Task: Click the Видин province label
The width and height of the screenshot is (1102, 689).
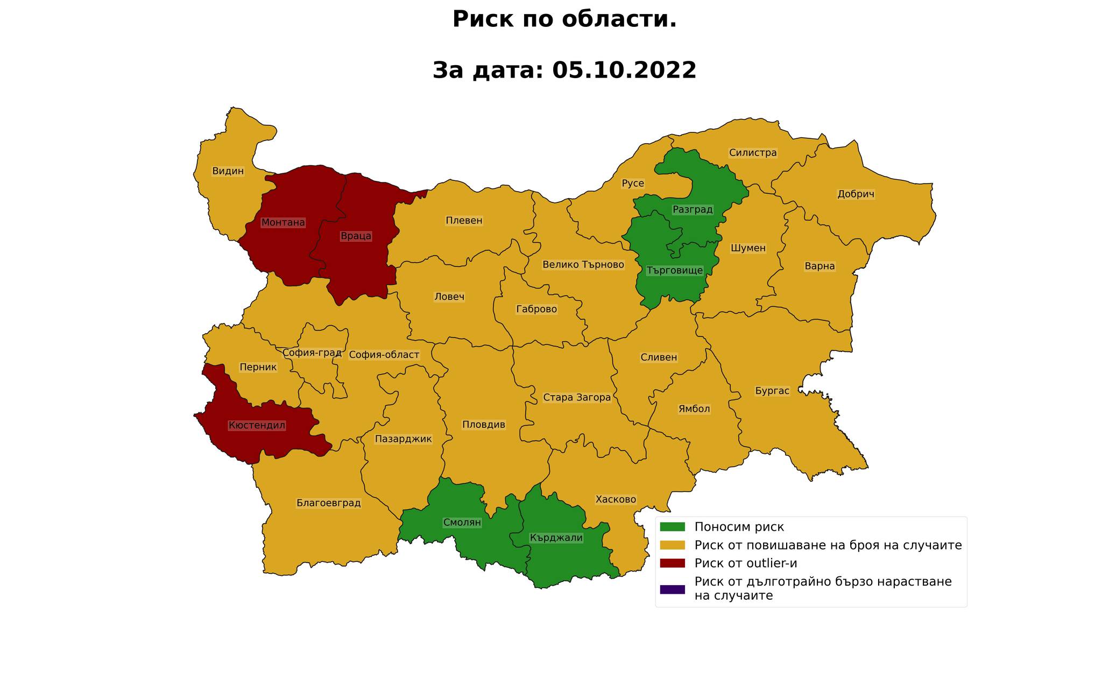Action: [228, 171]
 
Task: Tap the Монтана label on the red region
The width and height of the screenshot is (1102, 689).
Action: [283, 222]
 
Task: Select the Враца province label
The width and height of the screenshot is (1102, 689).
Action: [356, 236]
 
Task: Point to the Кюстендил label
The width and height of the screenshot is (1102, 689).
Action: [257, 425]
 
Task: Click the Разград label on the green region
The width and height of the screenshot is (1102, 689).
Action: [693, 209]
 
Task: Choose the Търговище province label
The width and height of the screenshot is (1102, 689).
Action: [674, 270]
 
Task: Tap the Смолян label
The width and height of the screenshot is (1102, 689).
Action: [462, 522]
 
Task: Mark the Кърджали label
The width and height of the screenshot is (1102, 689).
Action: [556, 537]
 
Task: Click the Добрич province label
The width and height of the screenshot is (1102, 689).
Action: [856, 194]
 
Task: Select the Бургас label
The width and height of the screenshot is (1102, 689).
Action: [772, 391]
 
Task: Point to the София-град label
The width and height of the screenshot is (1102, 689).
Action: [312, 353]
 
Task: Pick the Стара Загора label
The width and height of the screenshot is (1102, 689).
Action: [577, 398]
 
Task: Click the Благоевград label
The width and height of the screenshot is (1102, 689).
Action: [328, 503]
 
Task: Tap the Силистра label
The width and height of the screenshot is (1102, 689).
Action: [753, 153]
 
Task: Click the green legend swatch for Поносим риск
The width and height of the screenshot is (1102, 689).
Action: [672, 526]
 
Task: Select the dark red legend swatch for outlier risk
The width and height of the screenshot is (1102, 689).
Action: [672, 563]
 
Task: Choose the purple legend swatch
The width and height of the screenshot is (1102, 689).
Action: [672, 589]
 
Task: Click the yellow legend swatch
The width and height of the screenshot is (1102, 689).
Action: [672, 545]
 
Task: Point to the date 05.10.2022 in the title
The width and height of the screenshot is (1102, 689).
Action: [624, 70]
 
